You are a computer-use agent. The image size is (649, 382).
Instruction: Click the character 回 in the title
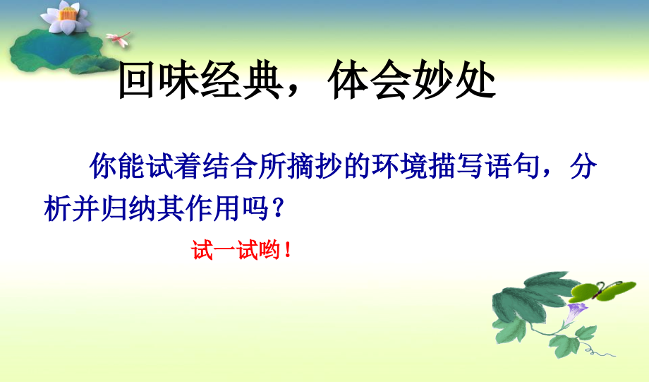[x=136, y=83]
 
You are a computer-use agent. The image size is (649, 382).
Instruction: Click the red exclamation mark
[x=286, y=251]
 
